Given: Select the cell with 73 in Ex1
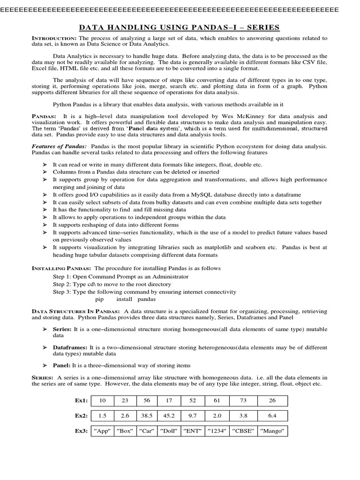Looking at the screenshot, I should pyautogui.click(x=243, y=401).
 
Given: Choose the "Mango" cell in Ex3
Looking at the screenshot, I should pyautogui.click(x=272, y=431).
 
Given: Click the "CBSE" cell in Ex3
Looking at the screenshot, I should pyautogui.click(x=243, y=431).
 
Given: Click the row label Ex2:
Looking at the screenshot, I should pyautogui.click(x=81, y=416).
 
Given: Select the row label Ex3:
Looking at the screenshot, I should pyautogui.click(x=81, y=431).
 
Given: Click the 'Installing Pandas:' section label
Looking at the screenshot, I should pyautogui.click(x=61, y=269).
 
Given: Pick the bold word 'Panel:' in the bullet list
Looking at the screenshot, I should pyautogui.click(x=62, y=366).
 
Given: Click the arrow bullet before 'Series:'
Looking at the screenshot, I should pyautogui.click(x=45, y=330).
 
